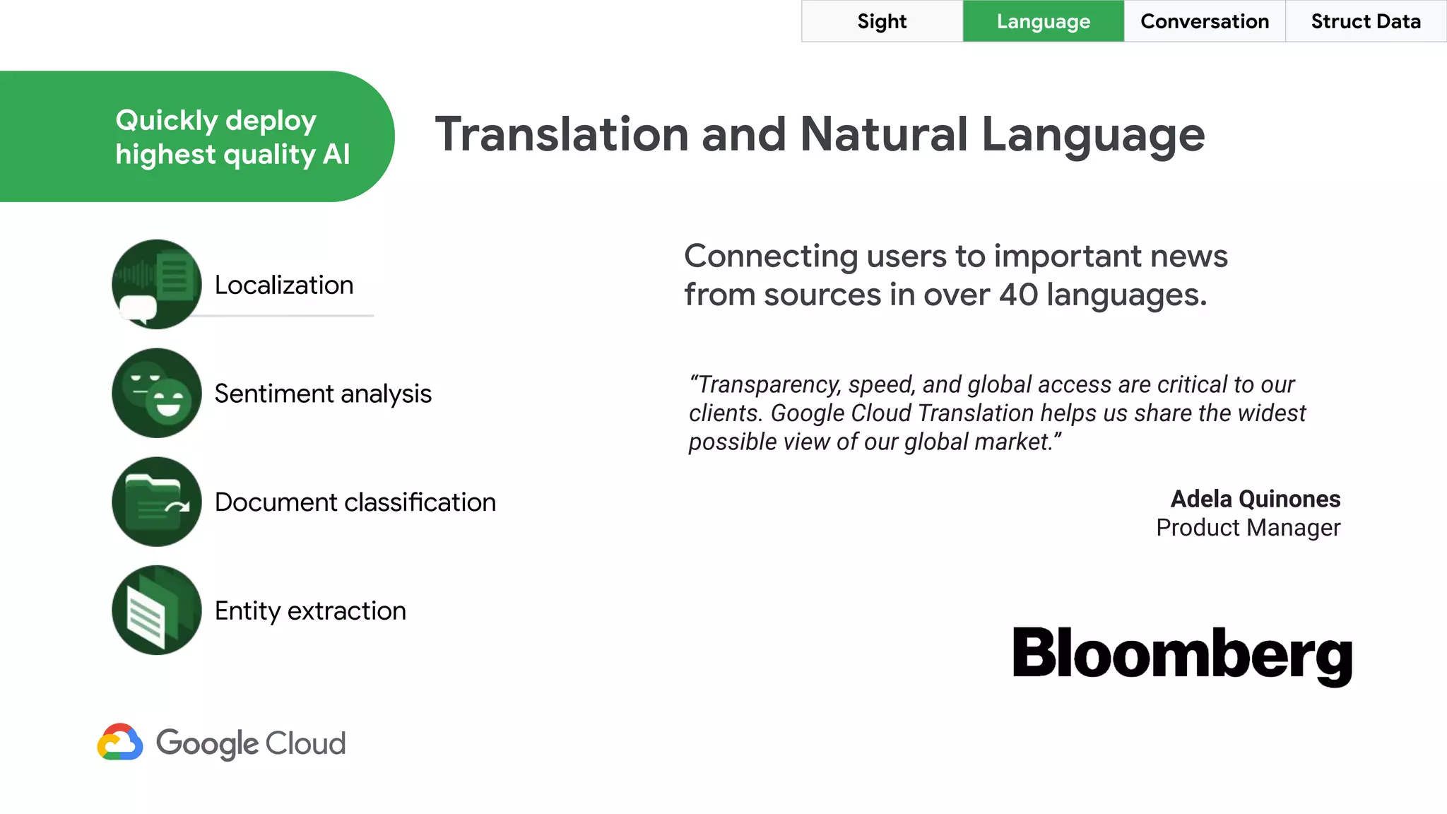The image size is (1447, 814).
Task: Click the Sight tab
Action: (x=882, y=21)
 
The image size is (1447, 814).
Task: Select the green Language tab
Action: (x=1043, y=21)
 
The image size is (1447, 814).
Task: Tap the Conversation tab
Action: (x=1204, y=21)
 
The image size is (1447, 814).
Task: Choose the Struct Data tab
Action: (x=1365, y=21)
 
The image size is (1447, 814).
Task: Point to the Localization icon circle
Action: (x=157, y=284)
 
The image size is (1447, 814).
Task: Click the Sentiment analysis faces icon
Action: (x=157, y=393)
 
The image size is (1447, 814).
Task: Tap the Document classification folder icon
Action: (x=157, y=502)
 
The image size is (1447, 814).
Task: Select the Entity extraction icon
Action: (x=157, y=610)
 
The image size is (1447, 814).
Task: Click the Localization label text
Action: (x=284, y=285)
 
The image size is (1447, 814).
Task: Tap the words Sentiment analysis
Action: (x=323, y=394)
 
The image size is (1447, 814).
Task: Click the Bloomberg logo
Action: (x=1182, y=654)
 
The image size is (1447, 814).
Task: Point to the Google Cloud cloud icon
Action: (x=120, y=742)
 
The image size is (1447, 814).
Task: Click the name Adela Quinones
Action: (x=1255, y=499)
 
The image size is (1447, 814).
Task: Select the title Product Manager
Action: (x=1248, y=528)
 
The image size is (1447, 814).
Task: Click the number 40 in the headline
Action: (x=1018, y=295)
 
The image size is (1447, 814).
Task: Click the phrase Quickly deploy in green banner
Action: (x=215, y=121)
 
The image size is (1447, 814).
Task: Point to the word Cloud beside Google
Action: (x=305, y=743)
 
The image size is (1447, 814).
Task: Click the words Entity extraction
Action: (x=310, y=610)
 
